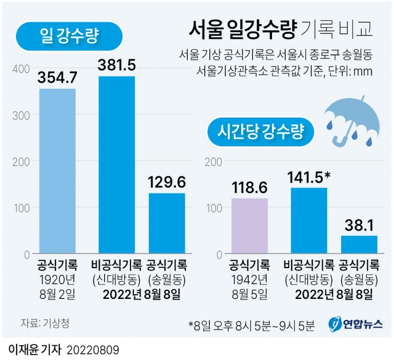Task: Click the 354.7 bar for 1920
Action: tap(57, 171)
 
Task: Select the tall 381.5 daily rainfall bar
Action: tap(116, 165)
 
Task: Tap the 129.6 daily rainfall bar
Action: tap(167, 223)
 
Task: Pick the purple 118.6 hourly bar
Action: tap(249, 226)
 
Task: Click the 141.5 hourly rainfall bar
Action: tap(309, 221)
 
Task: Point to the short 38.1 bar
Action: tap(359, 244)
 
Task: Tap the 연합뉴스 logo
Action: tap(356, 325)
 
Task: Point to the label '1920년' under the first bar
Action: tap(57, 280)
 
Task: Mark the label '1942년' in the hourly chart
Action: tap(249, 280)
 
